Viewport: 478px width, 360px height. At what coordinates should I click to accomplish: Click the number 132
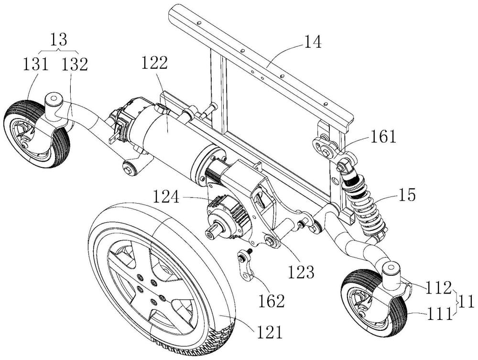tap(75, 65)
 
